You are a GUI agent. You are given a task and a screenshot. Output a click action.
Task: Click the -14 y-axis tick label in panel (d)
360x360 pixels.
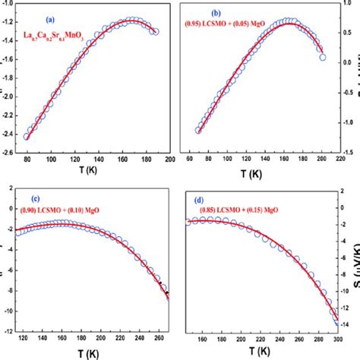[351, 324]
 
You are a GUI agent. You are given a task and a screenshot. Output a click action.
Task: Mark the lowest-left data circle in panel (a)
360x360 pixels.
[28, 137]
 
